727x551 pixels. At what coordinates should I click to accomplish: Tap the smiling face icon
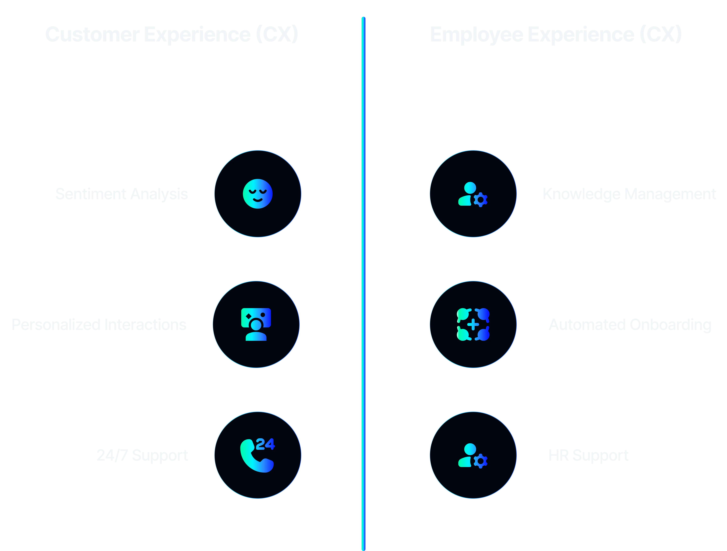[258, 194]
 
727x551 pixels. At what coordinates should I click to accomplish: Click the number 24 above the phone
[265, 444]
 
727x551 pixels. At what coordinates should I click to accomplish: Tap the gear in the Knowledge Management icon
[481, 199]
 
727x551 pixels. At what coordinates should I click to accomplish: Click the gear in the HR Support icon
[481, 461]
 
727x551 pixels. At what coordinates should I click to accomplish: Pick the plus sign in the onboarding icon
[473, 325]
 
